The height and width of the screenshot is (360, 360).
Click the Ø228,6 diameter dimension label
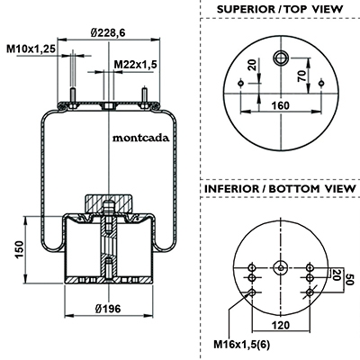coord(108,32)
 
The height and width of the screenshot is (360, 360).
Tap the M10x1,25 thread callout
coord(31,49)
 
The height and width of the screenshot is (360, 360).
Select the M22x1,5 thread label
coord(136,64)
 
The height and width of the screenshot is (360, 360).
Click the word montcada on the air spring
coord(140,138)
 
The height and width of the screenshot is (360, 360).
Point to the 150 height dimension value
coord(19,249)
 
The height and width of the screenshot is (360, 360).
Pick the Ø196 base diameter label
coord(108,309)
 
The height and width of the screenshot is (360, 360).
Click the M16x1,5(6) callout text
coord(242,345)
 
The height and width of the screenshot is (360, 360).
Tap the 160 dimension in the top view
coord(281,105)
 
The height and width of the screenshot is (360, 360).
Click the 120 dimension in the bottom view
coord(281,325)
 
